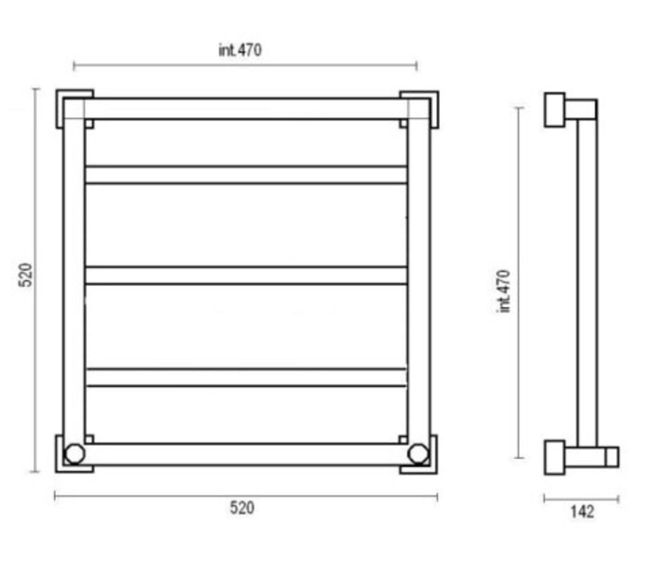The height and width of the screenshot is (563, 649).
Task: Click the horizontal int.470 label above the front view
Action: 240,50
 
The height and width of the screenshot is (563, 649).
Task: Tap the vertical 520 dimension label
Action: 26,275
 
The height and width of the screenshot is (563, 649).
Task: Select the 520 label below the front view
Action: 242,508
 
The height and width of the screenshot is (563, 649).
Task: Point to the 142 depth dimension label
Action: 582,512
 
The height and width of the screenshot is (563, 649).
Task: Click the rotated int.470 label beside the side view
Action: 504,291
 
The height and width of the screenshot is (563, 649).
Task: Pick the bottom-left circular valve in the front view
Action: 75,454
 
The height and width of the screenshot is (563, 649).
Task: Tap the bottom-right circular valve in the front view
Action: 418,454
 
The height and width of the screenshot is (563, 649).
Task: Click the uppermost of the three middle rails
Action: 246,175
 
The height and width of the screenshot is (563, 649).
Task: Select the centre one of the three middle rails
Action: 246,275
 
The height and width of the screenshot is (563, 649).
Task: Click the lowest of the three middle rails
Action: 247,377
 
